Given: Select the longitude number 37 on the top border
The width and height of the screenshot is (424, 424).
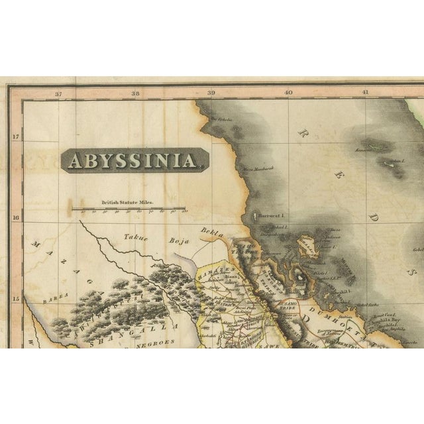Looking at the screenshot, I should pyautogui.click(x=58, y=94).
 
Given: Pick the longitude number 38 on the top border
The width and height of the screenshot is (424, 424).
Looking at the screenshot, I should pyautogui.click(x=135, y=94).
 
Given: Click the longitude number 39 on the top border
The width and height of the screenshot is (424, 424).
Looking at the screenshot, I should pyautogui.click(x=211, y=94).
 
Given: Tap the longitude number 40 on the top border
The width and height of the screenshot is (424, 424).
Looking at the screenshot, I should pyautogui.click(x=288, y=94).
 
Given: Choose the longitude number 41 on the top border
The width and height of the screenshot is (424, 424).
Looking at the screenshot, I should pyautogui.click(x=364, y=94).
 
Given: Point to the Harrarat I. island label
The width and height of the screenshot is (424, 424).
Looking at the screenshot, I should pyautogui.click(x=272, y=216).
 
